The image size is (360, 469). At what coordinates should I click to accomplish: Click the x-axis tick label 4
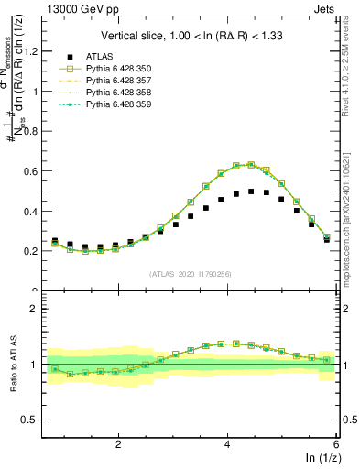tap(227, 444)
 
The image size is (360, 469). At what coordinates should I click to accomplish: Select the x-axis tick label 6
tap(335, 444)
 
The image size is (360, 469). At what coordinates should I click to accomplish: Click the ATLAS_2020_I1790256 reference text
tap(190, 274)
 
